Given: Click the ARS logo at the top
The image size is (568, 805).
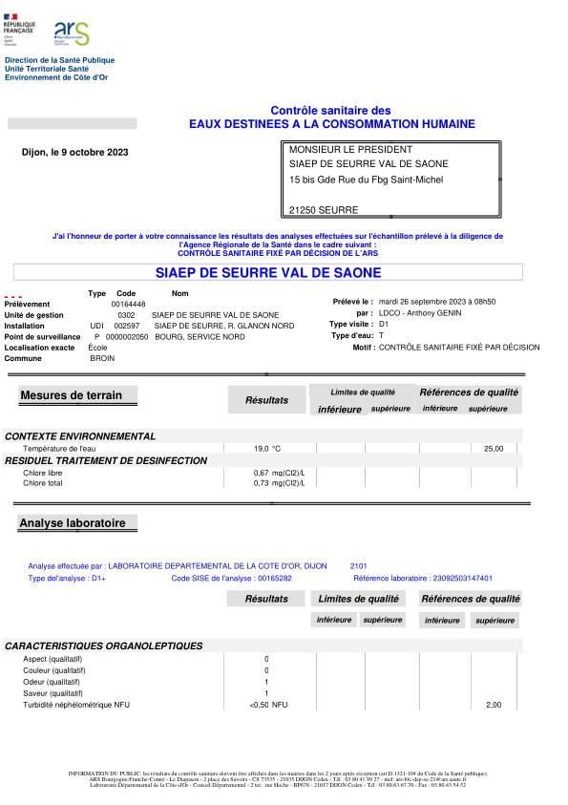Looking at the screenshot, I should click(72, 34).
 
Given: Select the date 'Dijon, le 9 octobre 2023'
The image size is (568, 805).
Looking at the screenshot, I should click(74, 152).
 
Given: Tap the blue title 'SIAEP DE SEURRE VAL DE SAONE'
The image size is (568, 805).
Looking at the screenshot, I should click(267, 272).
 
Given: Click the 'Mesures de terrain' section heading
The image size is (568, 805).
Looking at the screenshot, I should click(77, 395).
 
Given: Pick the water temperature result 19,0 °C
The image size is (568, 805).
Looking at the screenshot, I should click(267, 448).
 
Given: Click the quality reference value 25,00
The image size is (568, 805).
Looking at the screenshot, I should click(494, 448).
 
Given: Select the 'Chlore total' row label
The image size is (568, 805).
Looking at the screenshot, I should click(44, 483).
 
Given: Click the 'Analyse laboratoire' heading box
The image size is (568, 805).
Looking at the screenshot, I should click(77, 523).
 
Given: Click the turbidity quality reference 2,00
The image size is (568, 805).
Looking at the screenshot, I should click(494, 705).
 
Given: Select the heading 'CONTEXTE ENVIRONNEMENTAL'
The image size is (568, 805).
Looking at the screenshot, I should click(80, 436).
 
